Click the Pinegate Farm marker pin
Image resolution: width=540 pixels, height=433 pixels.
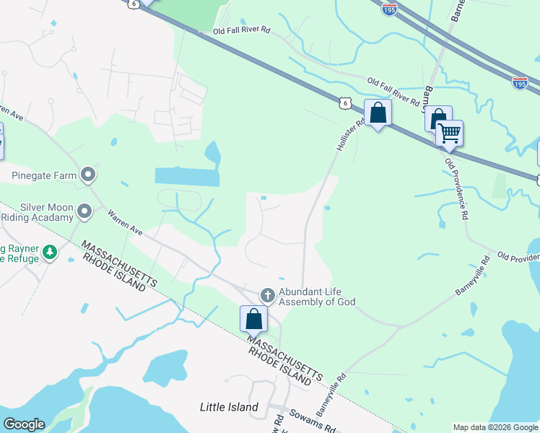coord(88,175)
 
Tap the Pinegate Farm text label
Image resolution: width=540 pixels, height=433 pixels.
coord(45,175)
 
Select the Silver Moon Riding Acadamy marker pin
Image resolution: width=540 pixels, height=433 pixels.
coord(84,211)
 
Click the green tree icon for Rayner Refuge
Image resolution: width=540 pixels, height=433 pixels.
coord(50,252)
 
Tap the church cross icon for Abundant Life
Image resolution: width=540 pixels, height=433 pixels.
coord(267,295)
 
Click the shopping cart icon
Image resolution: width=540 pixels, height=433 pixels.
coord(449,132)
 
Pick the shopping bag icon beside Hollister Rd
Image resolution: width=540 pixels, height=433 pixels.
coord(378,113)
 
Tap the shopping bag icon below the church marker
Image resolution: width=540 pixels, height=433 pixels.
coord(253,318)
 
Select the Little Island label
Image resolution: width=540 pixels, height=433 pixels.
coord(229,407)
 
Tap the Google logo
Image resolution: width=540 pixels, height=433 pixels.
coord(24,424)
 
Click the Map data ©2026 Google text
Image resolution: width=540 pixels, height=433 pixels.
coord(495,427)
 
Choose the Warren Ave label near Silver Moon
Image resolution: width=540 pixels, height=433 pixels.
coord(126,222)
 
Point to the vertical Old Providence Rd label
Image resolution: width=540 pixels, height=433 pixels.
coord(456,188)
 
